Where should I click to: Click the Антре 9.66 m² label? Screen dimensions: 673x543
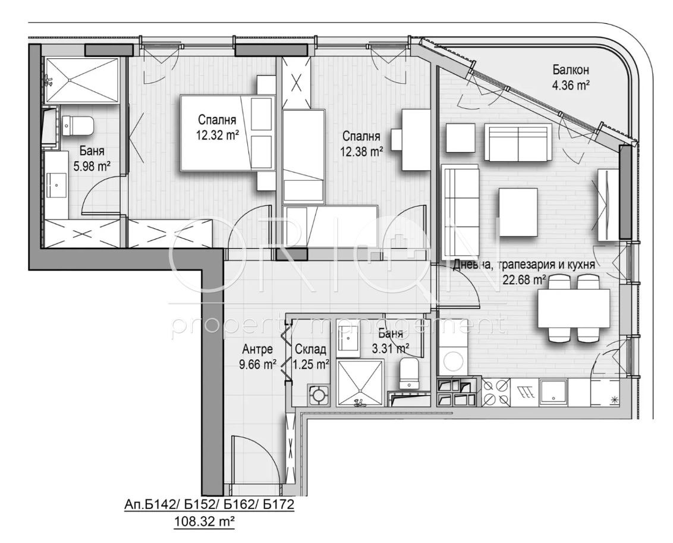[x=257, y=357]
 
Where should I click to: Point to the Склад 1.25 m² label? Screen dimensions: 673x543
[x=311, y=357]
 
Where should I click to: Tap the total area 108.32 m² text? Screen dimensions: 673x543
[x=204, y=522]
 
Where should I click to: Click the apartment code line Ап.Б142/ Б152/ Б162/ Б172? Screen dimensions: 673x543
[x=209, y=504]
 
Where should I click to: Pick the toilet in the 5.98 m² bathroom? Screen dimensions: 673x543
[x=78, y=125]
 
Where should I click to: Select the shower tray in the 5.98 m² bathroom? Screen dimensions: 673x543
[x=81, y=81]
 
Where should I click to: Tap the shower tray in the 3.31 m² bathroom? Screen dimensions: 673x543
[x=360, y=383]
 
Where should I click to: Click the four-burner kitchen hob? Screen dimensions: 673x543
[x=496, y=393]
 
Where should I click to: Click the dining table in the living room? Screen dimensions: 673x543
[x=574, y=309]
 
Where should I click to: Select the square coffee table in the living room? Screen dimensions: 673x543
[x=518, y=212]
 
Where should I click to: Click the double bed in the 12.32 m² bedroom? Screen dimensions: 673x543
[x=228, y=133]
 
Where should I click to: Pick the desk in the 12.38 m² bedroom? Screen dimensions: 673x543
[x=416, y=140]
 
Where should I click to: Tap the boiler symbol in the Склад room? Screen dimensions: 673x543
[x=319, y=394]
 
